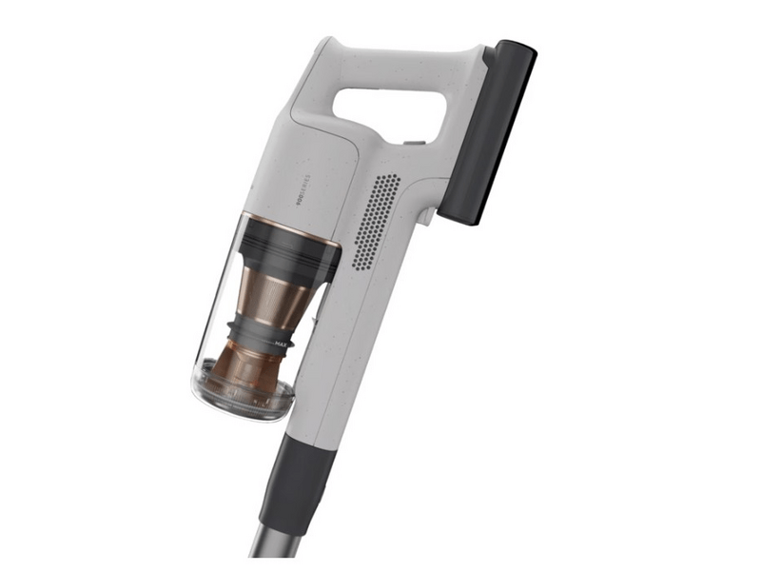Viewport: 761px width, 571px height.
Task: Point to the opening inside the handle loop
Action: click(x=389, y=110)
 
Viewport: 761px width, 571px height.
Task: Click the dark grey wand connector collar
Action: click(x=301, y=481)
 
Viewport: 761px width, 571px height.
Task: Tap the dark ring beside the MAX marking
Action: click(x=252, y=333)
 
